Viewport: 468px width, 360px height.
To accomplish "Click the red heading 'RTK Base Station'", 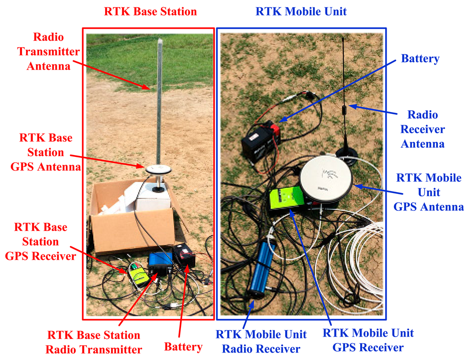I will coord(150,11).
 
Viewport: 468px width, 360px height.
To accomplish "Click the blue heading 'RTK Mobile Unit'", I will coord(301,11).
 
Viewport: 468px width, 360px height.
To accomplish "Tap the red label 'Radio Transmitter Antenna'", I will coord(48,51).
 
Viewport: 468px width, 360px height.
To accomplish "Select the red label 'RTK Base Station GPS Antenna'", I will coord(46,152).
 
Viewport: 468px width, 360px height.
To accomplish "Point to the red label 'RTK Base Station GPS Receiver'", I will coord(40,242).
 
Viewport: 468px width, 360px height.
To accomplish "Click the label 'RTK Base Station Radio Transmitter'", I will coord(94,342).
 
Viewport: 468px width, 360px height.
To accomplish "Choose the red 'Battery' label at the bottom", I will coord(183,347).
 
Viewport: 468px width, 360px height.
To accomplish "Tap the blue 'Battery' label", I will coord(420,59).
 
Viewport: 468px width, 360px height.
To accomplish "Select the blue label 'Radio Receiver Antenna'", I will coord(422,129).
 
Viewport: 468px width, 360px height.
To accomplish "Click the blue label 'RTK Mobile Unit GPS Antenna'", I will coord(428,192).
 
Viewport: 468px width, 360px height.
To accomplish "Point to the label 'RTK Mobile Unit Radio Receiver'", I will coord(261,341).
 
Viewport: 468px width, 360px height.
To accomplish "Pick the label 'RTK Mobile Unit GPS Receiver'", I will coord(368,340).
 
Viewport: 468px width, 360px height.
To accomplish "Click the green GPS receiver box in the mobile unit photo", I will coord(285,199).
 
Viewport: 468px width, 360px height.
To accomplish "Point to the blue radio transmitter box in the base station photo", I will coord(160,265).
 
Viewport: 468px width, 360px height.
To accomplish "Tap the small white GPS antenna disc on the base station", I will coord(158,170).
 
